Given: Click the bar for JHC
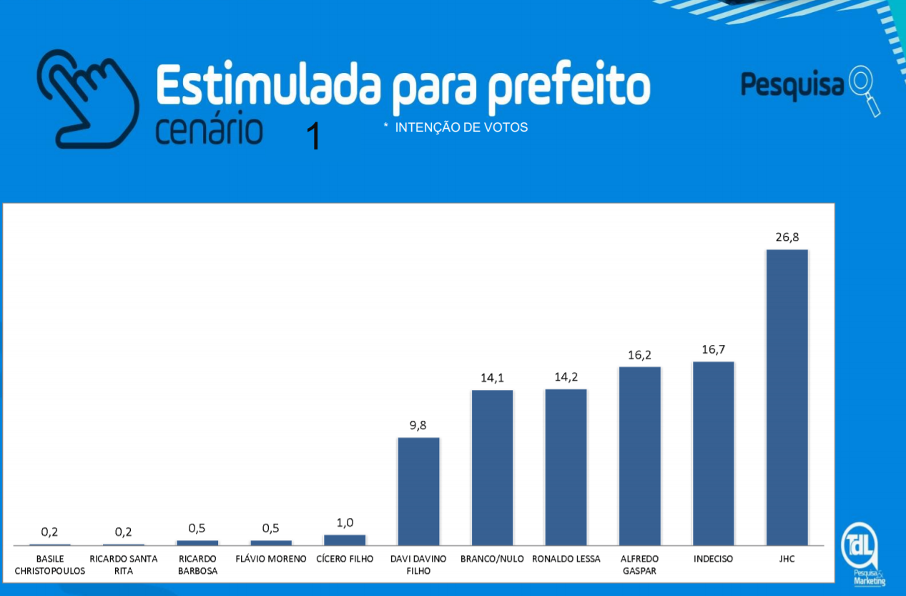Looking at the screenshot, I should pyautogui.click(x=787, y=397).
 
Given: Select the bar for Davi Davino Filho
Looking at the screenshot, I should pyautogui.click(x=418, y=491).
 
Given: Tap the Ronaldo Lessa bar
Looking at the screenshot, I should pyautogui.click(x=566, y=467).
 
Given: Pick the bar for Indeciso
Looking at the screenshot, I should pyautogui.click(x=713, y=453).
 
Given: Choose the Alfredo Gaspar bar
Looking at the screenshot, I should pyautogui.click(x=639, y=456).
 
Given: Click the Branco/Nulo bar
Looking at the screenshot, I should pyautogui.click(x=492, y=467).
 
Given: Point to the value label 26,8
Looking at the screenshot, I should pyautogui.click(x=787, y=237).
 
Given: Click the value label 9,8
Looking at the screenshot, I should pyautogui.click(x=418, y=425).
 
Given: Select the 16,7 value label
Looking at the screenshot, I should pyautogui.click(x=713, y=349).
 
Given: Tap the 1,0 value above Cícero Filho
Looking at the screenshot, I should pyautogui.click(x=345, y=522).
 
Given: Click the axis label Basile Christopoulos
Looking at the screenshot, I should pyautogui.click(x=50, y=565).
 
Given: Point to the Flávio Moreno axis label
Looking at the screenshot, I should pyautogui.click(x=271, y=559).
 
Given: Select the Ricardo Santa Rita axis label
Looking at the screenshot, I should pyautogui.click(x=124, y=565).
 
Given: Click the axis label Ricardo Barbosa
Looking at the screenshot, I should pyautogui.click(x=197, y=565).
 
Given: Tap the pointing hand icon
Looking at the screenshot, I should pyautogui.click(x=87, y=98).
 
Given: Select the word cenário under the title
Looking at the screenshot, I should pyautogui.click(x=209, y=130).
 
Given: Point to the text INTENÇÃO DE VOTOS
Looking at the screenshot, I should pyautogui.click(x=461, y=127).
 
